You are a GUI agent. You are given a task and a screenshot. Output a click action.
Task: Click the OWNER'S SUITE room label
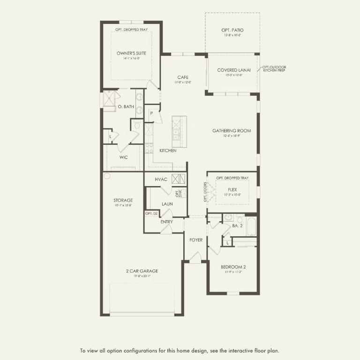[x=128, y=53]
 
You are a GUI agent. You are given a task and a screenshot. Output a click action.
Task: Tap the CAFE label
[x=183, y=77]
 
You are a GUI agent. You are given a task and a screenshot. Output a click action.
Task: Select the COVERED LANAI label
[x=233, y=70]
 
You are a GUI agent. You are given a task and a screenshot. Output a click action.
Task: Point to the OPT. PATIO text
[x=232, y=30]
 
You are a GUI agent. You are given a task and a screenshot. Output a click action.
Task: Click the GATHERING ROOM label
[x=232, y=131]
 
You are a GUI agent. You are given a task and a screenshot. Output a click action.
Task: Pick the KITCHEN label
[x=168, y=150]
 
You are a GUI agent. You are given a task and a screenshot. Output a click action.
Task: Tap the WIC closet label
[x=123, y=157]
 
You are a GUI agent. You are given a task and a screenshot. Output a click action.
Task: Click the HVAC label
[x=161, y=180]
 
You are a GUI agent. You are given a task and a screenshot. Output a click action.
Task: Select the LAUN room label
[x=167, y=204]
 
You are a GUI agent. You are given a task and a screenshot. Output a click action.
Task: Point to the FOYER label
[x=196, y=240]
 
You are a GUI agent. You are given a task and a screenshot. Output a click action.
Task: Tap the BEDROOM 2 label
[x=233, y=267]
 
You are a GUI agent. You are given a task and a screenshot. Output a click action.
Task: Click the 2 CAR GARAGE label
[x=142, y=271]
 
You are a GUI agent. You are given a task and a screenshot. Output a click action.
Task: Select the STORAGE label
[x=123, y=200]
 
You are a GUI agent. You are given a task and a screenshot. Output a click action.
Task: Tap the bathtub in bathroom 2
[x=251, y=226]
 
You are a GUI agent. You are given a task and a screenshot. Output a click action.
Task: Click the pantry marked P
[x=152, y=113]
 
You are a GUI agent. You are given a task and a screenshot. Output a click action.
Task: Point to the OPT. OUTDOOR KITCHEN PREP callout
[x=274, y=70]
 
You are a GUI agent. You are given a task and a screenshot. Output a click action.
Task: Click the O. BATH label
[x=126, y=107]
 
